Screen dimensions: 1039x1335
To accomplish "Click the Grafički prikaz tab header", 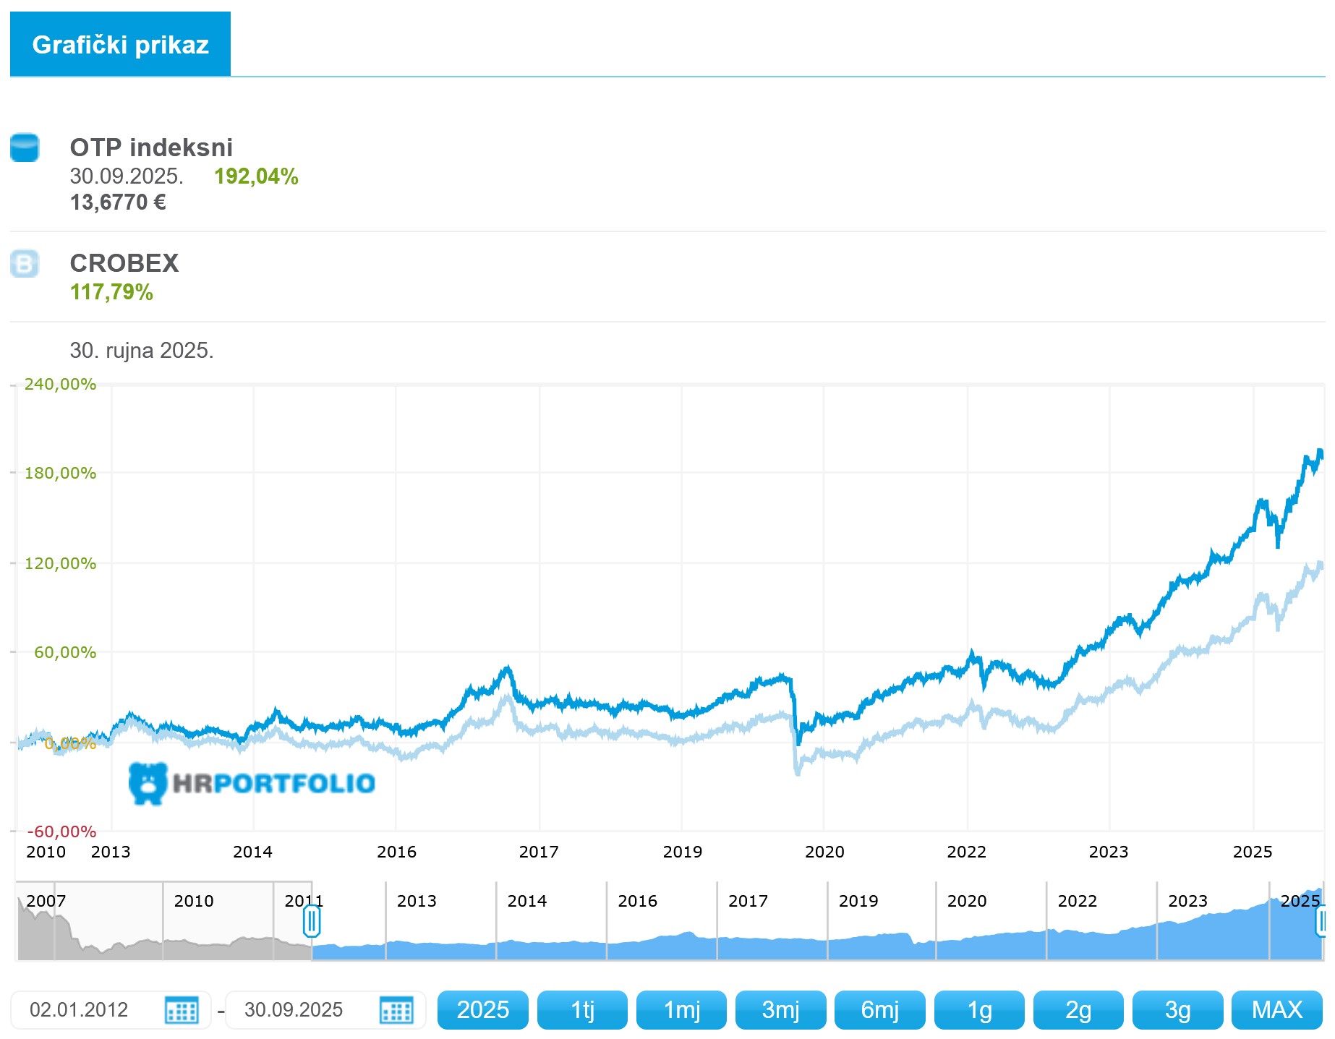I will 120,45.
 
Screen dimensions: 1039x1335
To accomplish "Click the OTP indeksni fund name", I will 151,147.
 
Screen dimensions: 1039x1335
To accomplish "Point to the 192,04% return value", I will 256,176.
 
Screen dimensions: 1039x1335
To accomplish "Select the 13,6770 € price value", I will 118,202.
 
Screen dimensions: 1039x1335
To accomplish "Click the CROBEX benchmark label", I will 124,263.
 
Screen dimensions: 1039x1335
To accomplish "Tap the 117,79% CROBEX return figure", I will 111,292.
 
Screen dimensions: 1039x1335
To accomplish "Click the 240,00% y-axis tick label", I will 60,384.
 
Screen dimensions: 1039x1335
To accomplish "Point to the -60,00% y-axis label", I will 61,831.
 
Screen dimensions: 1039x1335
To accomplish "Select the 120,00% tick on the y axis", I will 60,563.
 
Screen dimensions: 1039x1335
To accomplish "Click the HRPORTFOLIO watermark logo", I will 252,783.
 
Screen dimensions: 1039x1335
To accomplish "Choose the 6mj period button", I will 879,1009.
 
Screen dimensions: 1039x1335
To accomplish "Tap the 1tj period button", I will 582,1009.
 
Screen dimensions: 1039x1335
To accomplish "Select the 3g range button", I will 1177,1009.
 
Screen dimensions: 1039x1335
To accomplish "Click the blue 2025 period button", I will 482,1009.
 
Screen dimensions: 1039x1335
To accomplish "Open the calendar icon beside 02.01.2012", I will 182,1009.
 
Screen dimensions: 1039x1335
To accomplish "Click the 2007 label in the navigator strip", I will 46,901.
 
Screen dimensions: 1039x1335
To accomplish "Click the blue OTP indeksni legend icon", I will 25,147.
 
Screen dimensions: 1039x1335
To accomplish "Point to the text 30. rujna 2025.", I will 142,351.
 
